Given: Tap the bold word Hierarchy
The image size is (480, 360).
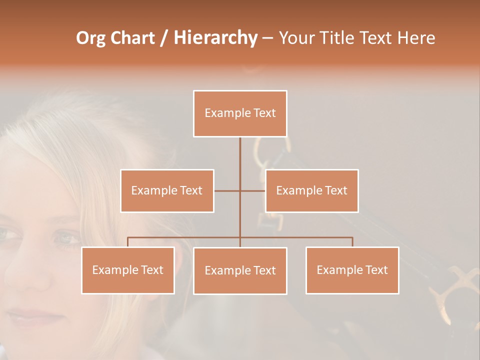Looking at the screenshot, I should pyautogui.click(x=215, y=38).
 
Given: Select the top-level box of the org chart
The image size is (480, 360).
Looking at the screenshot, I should pyautogui.click(x=240, y=113).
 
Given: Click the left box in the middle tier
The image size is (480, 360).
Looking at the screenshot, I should pyautogui.click(x=167, y=190).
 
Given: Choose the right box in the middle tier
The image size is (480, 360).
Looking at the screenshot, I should pyautogui.click(x=311, y=190).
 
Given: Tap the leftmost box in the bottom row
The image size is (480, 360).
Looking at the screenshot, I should pyautogui.click(x=128, y=270).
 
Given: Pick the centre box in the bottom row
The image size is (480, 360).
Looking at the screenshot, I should pyautogui.click(x=240, y=271).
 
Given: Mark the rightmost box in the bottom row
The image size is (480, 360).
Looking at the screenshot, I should pyautogui.click(x=352, y=270).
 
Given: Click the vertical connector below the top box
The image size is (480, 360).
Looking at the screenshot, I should pyautogui.click(x=240, y=160).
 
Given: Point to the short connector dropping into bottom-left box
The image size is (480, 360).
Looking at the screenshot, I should pyautogui.click(x=128, y=242).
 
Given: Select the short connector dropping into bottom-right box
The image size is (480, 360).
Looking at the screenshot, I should pyautogui.click(x=352, y=242).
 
